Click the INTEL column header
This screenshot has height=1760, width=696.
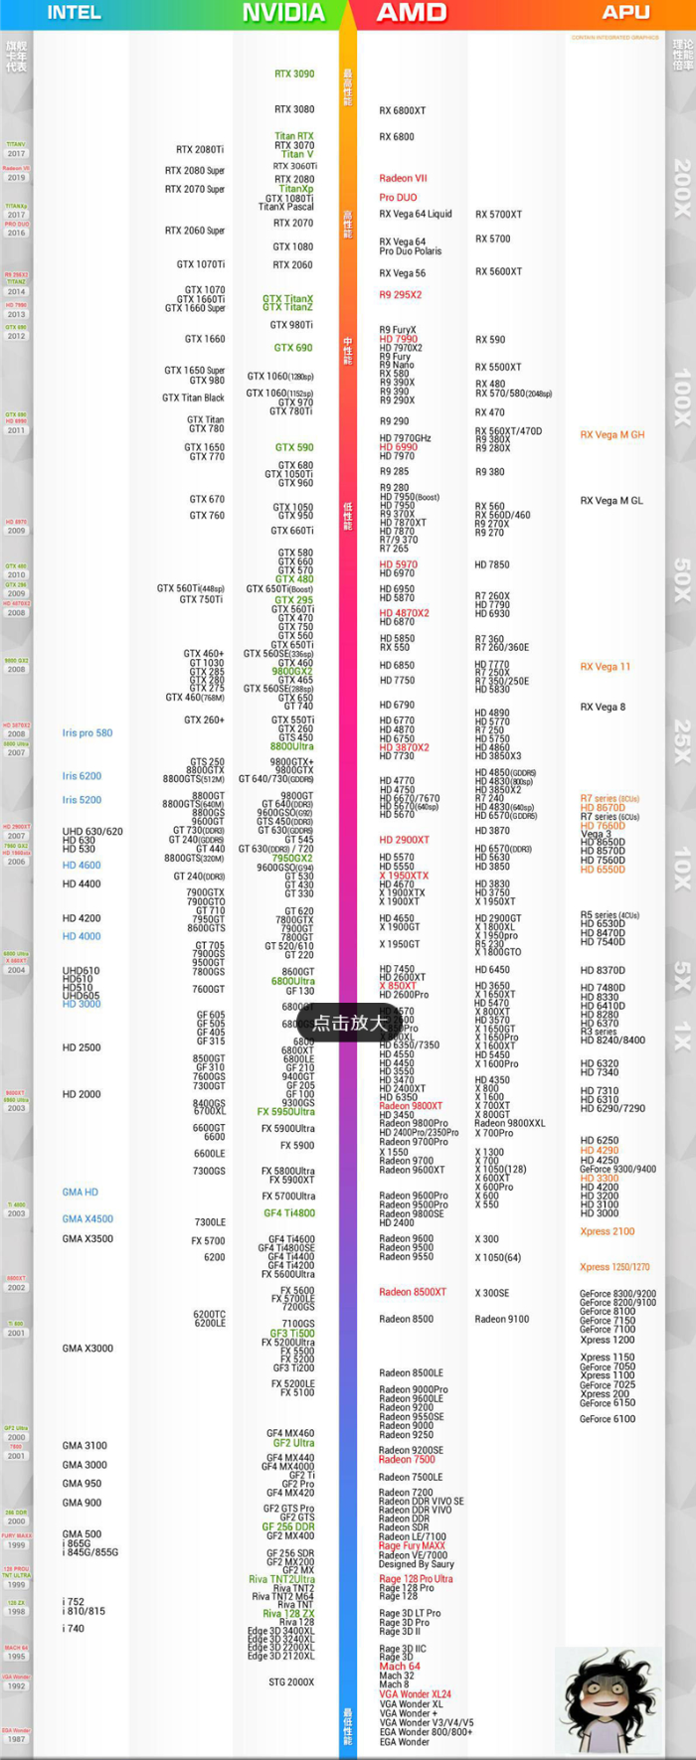coord(75,13)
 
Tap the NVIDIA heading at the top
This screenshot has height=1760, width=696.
coord(283,13)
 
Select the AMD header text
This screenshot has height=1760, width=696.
coord(412,13)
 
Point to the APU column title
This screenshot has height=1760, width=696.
coord(625,13)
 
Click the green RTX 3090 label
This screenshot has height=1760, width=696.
coord(294,74)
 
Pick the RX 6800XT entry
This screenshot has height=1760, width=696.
coord(403,111)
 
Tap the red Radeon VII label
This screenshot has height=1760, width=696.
coord(403,179)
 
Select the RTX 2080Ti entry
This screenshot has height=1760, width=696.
coord(200,150)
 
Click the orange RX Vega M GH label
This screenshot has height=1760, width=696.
coord(612,435)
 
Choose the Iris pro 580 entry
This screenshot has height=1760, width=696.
coord(87,733)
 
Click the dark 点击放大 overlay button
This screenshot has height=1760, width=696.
coord(349,1023)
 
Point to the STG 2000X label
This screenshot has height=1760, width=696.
coord(291,1682)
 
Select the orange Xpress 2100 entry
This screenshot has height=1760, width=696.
coord(608,1231)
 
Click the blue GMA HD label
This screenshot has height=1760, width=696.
coord(81,1192)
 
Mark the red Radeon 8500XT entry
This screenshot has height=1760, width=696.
coord(413,1292)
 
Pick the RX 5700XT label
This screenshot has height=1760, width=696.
coord(498,215)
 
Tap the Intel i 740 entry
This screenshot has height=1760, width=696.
coord(74,1628)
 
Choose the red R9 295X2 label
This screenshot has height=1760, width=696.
coord(401,295)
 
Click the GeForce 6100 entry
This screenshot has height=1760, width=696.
coord(608,1419)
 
